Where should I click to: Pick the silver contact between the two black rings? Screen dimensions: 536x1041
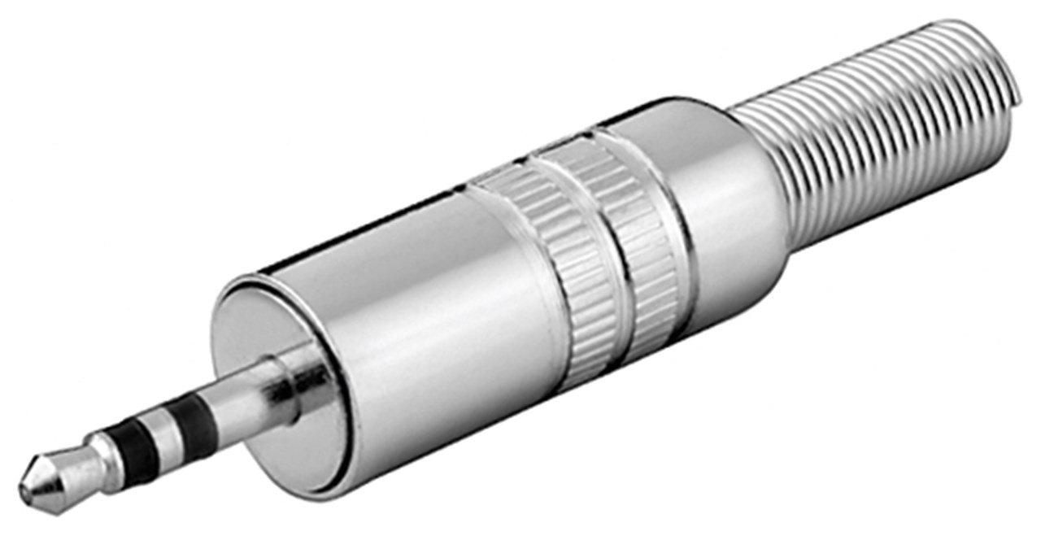coord(167,438)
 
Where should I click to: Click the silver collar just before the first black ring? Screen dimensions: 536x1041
coord(110,455)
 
